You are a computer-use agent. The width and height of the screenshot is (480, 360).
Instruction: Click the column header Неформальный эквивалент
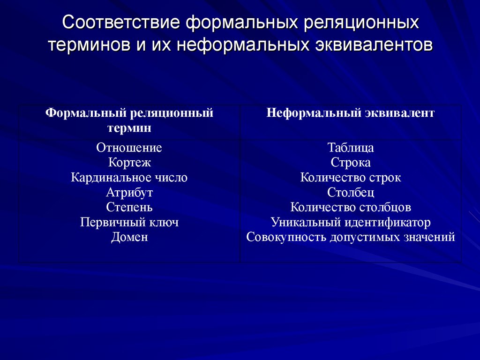pos(351,113)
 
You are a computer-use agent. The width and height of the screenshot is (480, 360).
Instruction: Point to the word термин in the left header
pos(129,127)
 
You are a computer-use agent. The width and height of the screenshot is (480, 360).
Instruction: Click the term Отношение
pos(129,148)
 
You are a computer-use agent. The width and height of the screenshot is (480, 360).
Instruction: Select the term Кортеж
pos(129,163)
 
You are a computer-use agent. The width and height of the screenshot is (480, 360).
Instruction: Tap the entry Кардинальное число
pos(129,178)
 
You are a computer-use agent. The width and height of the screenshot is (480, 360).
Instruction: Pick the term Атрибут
pos(129,193)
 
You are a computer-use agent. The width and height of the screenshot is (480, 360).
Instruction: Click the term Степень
pos(129,207)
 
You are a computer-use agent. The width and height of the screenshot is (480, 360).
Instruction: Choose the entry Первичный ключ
pos(129,222)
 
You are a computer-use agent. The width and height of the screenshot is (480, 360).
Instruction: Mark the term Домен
pos(129,237)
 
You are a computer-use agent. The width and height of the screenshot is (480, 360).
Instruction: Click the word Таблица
pos(351,148)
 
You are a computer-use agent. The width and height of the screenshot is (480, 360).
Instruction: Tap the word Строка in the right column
pos(351,163)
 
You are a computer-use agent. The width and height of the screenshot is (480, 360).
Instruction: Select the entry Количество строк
pos(351,178)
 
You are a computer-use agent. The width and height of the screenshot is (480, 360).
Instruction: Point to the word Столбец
pos(351,193)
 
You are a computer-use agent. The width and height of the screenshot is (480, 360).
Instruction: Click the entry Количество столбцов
pos(351,207)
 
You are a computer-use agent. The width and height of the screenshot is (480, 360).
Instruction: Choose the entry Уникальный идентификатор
pos(351,222)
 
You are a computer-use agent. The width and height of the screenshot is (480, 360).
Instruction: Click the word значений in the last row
pos(429,237)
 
